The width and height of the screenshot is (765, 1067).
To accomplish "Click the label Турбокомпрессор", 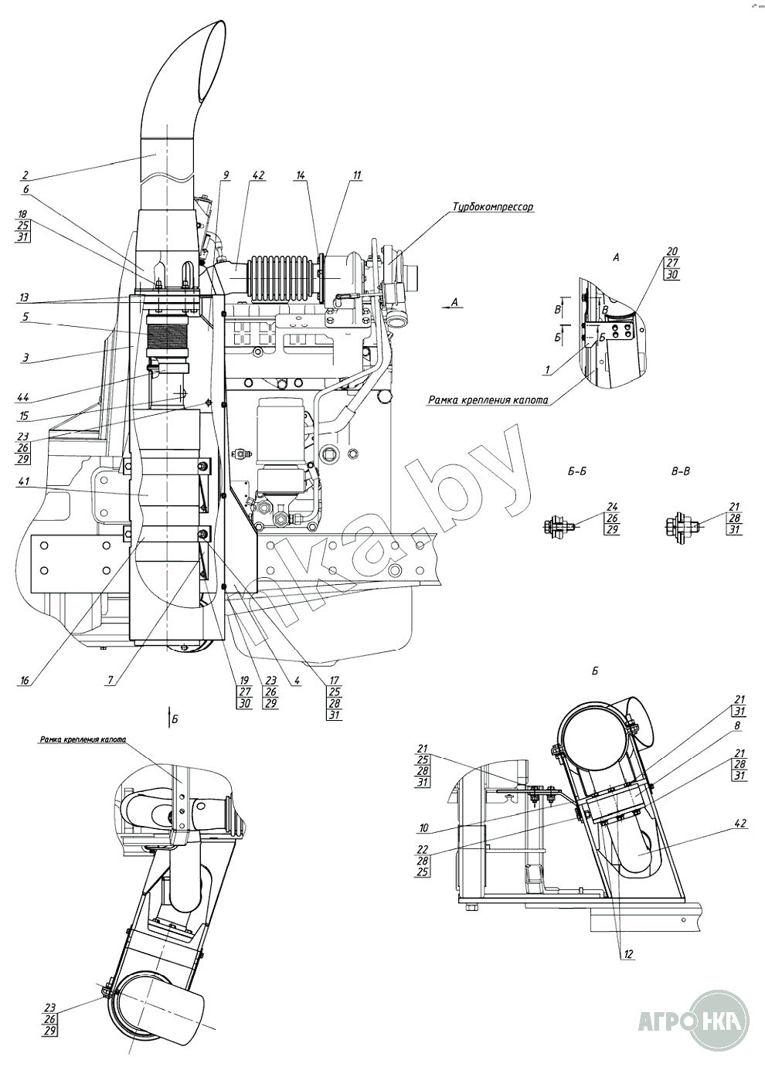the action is coord(492,207).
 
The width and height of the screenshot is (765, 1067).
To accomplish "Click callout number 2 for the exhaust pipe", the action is coord(24,175).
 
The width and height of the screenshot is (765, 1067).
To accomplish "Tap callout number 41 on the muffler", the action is coord(24,482).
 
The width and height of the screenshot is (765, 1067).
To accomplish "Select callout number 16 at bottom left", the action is coord(24,681).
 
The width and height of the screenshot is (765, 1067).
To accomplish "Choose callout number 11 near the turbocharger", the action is coord(356,175).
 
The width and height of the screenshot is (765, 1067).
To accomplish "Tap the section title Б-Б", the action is coord(576,471).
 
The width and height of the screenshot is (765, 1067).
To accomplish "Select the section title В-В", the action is coord(680,471).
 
